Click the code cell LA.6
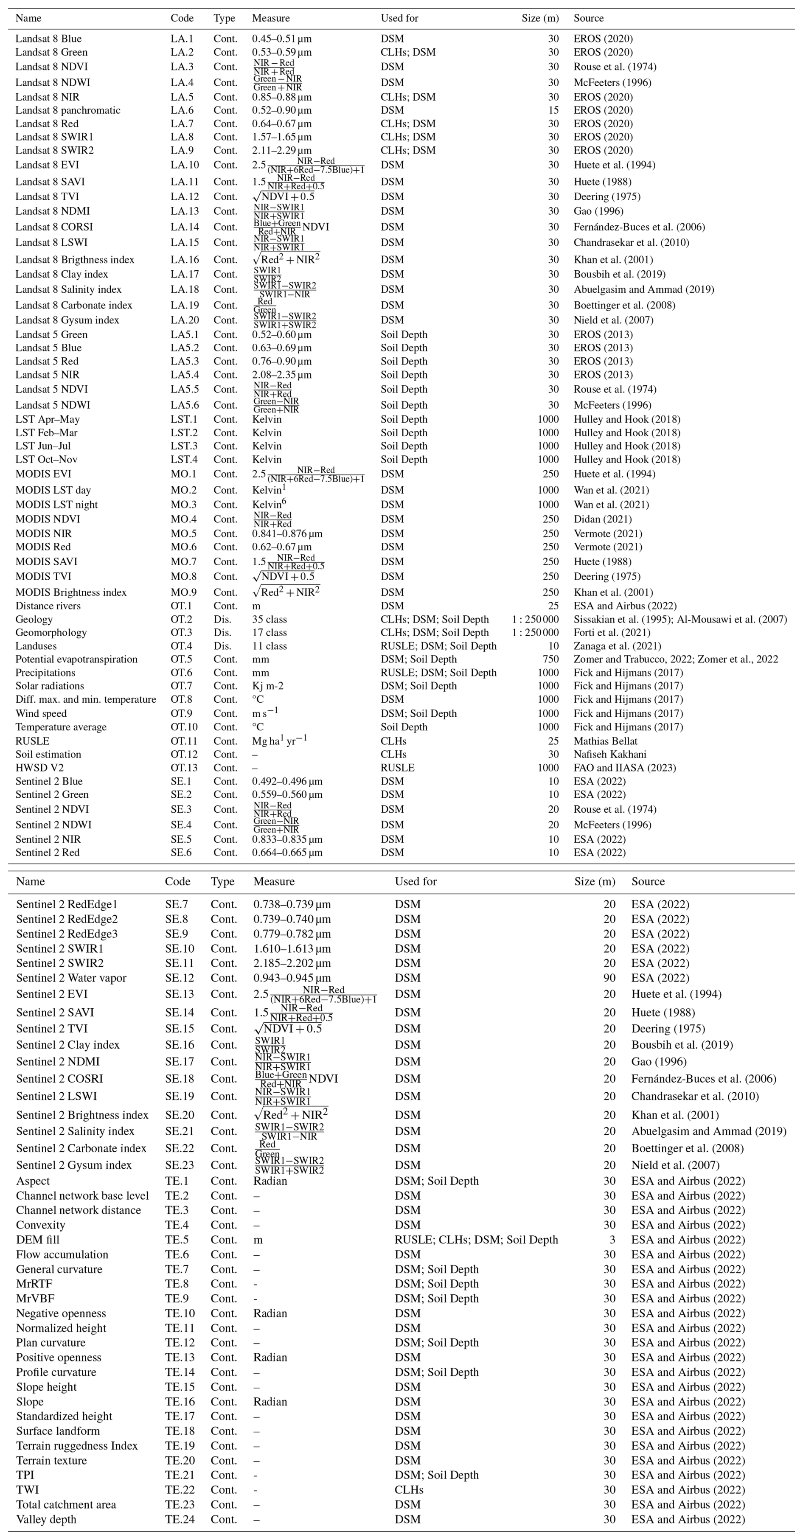tap(182, 110)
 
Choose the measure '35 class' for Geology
tap(269, 619)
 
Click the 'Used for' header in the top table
tap(399, 18)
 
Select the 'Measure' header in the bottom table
tap(274, 881)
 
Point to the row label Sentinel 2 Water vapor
tap(71, 978)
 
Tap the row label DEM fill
tap(38, 1240)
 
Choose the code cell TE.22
tap(180, 1490)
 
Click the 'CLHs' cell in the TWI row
tap(409, 1490)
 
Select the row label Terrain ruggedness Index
tap(76, 1445)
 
